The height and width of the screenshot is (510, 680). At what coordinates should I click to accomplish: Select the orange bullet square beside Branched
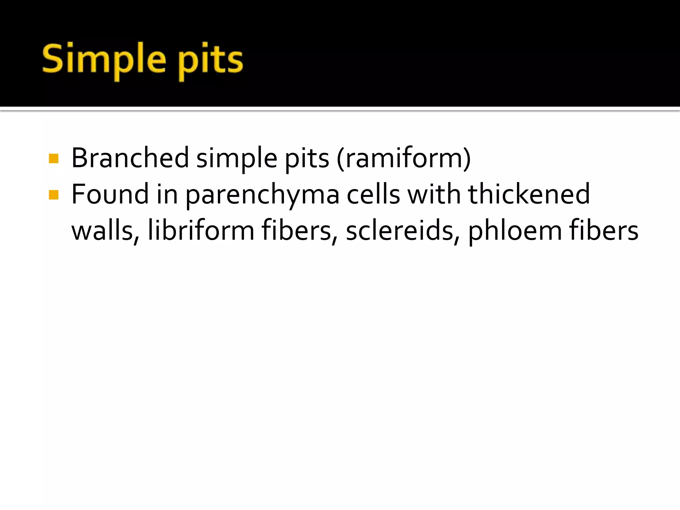[x=53, y=158]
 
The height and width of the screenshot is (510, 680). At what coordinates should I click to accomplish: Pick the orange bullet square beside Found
[x=53, y=195]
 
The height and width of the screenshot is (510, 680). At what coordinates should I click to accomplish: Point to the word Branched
[x=130, y=158]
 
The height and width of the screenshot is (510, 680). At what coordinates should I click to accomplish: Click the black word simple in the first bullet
[x=237, y=158]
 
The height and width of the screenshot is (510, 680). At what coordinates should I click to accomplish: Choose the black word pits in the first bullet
[x=307, y=159]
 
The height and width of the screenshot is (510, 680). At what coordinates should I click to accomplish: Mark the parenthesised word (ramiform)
[x=404, y=158]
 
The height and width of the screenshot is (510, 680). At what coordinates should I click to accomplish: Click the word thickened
[x=529, y=195]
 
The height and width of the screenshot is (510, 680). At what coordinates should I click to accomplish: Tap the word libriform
[x=201, y=231]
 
